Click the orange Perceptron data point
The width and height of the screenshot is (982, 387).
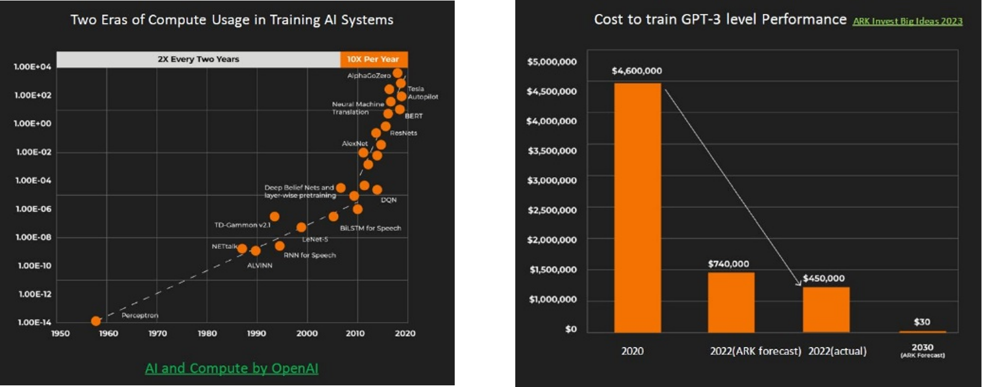coord(96,321)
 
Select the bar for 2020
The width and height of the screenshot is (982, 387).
coord(637,207)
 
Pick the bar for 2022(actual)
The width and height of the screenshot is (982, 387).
coord(826,309)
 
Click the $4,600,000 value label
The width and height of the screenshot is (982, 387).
coord(636,71)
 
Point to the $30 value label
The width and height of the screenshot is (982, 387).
coord(922,322)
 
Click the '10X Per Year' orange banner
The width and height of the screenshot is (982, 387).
coord(373,59)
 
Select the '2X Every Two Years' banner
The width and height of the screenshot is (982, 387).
coord(198,59)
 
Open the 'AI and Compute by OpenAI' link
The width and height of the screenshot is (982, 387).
coord(231,368)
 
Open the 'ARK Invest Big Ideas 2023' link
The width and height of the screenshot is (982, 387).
coord(908,21)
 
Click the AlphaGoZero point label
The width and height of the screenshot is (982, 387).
coord(369,76)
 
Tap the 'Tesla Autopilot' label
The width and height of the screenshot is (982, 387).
coord(422,93)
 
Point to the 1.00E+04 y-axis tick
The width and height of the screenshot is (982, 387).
coord(33,66)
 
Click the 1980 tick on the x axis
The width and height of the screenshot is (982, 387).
coord(207,334)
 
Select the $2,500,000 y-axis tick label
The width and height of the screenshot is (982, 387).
coord(552,210)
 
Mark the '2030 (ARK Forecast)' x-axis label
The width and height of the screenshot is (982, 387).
coord(923,350)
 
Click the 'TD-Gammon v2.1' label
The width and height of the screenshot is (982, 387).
coord(242,225)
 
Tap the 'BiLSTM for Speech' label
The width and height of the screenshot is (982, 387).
coord(371,228)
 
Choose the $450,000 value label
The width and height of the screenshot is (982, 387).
coord(824,279)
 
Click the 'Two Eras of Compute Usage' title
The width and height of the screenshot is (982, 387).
coord(231,20)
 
